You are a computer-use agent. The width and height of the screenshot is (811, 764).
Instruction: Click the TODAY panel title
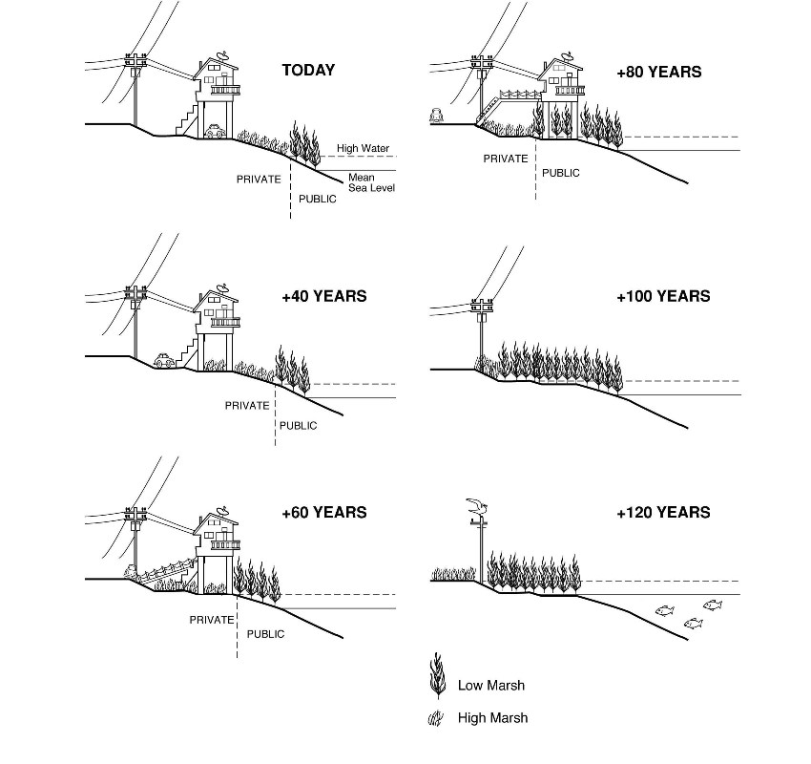308,70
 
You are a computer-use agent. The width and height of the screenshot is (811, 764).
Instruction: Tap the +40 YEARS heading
323,296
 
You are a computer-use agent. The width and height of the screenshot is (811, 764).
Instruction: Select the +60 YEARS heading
323,513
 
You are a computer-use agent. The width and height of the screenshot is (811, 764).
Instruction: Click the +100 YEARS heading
663,296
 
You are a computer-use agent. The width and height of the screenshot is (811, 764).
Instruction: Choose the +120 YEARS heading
663,513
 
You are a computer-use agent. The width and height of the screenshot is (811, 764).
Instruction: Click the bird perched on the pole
477,506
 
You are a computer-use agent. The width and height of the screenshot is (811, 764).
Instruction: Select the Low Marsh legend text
491,685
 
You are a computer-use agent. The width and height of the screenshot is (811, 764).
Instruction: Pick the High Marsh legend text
492,717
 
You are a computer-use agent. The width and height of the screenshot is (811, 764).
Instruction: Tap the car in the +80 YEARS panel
438,115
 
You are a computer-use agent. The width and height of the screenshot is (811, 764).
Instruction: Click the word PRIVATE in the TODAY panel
259,179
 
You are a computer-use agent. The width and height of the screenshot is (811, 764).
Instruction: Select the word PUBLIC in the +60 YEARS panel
265,634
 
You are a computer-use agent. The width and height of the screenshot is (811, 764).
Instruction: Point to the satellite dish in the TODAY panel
222,54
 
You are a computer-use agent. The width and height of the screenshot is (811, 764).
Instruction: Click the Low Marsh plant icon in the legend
438,676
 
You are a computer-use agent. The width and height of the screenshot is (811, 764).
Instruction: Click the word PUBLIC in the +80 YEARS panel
560,174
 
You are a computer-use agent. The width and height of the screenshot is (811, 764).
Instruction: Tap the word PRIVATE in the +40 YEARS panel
247,405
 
